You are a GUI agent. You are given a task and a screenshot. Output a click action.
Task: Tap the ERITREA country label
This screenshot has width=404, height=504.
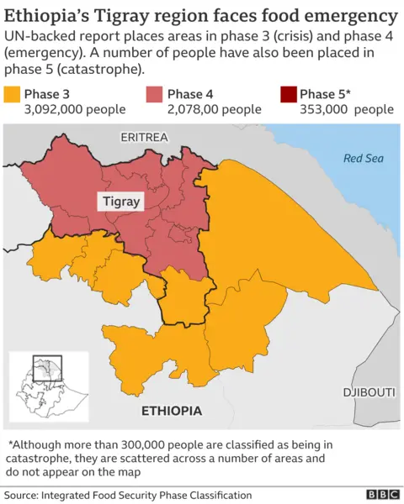(144, 137)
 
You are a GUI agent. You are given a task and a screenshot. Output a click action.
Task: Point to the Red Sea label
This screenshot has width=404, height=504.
(364, 158)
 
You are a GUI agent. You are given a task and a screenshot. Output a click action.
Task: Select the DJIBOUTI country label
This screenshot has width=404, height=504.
(369, 392)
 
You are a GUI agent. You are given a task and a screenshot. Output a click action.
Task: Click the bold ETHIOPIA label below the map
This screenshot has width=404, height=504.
(172, 411)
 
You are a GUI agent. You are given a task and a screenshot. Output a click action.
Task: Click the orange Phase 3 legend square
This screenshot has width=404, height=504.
(12, 94)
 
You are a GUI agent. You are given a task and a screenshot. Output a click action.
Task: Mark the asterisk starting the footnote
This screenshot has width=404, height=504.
(10, 445)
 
